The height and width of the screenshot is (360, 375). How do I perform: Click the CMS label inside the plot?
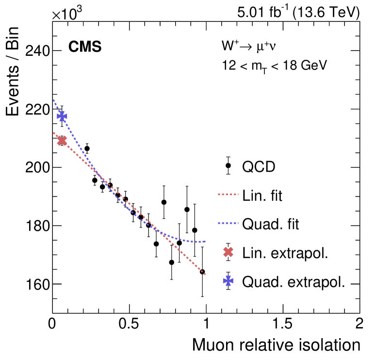click(x=84, y=47)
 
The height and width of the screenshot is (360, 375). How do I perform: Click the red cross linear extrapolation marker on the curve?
click(x=62, y=141)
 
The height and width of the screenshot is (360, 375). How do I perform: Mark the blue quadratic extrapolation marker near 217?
click(x=62, y=116)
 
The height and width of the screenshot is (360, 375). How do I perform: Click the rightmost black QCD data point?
click(x=202, y=272)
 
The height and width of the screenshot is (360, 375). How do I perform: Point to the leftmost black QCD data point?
click(x=87, y=148)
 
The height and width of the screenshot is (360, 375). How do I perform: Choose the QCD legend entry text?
click(x=258, y=167)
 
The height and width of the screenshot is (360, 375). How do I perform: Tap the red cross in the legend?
click(x=228, y=252)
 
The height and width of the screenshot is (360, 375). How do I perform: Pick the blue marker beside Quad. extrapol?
click(x=228, y=281)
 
